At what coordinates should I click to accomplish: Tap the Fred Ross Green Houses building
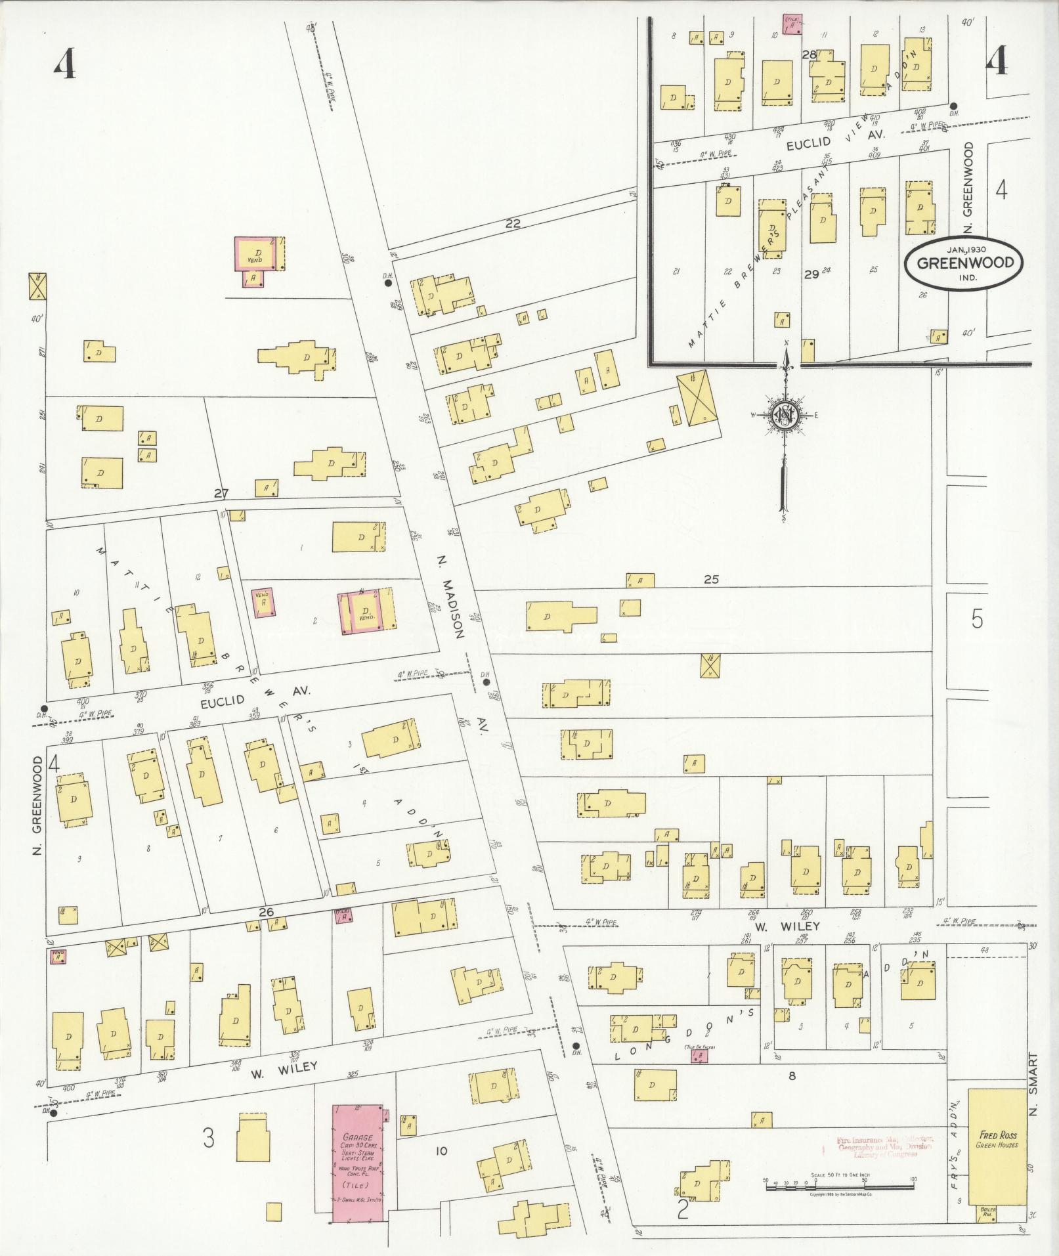pos(997,1137)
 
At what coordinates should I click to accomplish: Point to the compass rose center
pos(785,415)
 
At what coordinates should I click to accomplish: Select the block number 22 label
pos(513,224)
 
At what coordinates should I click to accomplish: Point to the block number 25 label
pos(712,579)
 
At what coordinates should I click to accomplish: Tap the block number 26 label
pos(266,912)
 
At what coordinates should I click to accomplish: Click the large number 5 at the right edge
pos(977,619)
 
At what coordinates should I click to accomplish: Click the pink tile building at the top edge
pos(792,24)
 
